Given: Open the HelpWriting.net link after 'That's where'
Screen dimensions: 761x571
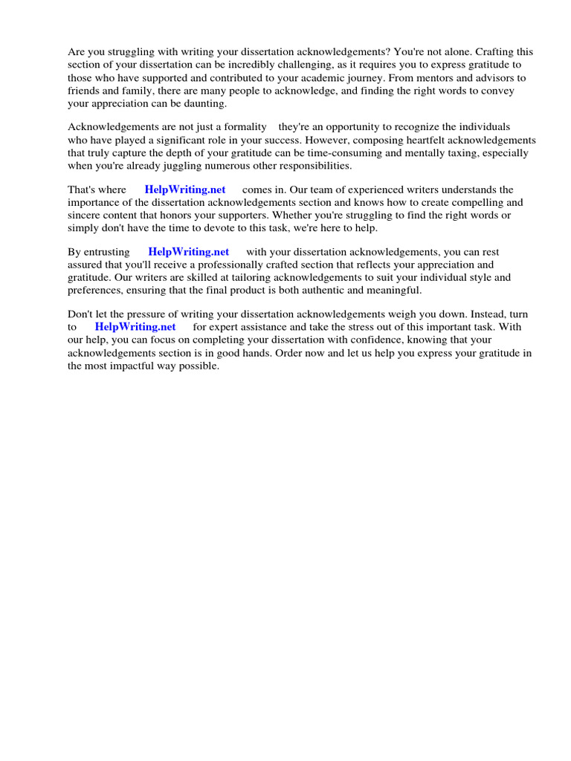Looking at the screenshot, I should click(185, 190).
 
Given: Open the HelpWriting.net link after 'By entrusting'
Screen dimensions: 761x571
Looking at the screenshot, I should click(189, 252).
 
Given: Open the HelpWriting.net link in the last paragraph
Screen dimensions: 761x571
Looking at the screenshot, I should click(135, 327).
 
